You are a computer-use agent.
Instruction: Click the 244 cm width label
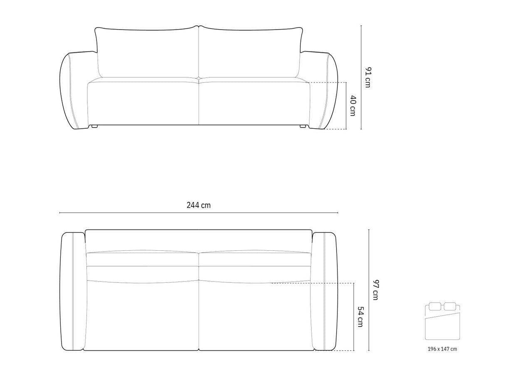[198, 205]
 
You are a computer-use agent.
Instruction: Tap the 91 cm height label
[367, 77]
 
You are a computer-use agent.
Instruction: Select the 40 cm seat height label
[353, 105]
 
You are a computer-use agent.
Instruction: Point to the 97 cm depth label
[375, 290]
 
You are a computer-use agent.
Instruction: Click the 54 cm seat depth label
[360, 317]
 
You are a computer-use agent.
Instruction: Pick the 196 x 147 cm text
[442, 349]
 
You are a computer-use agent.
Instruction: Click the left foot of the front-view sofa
[94, 126]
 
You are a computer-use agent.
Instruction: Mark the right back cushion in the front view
[251, 52]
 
